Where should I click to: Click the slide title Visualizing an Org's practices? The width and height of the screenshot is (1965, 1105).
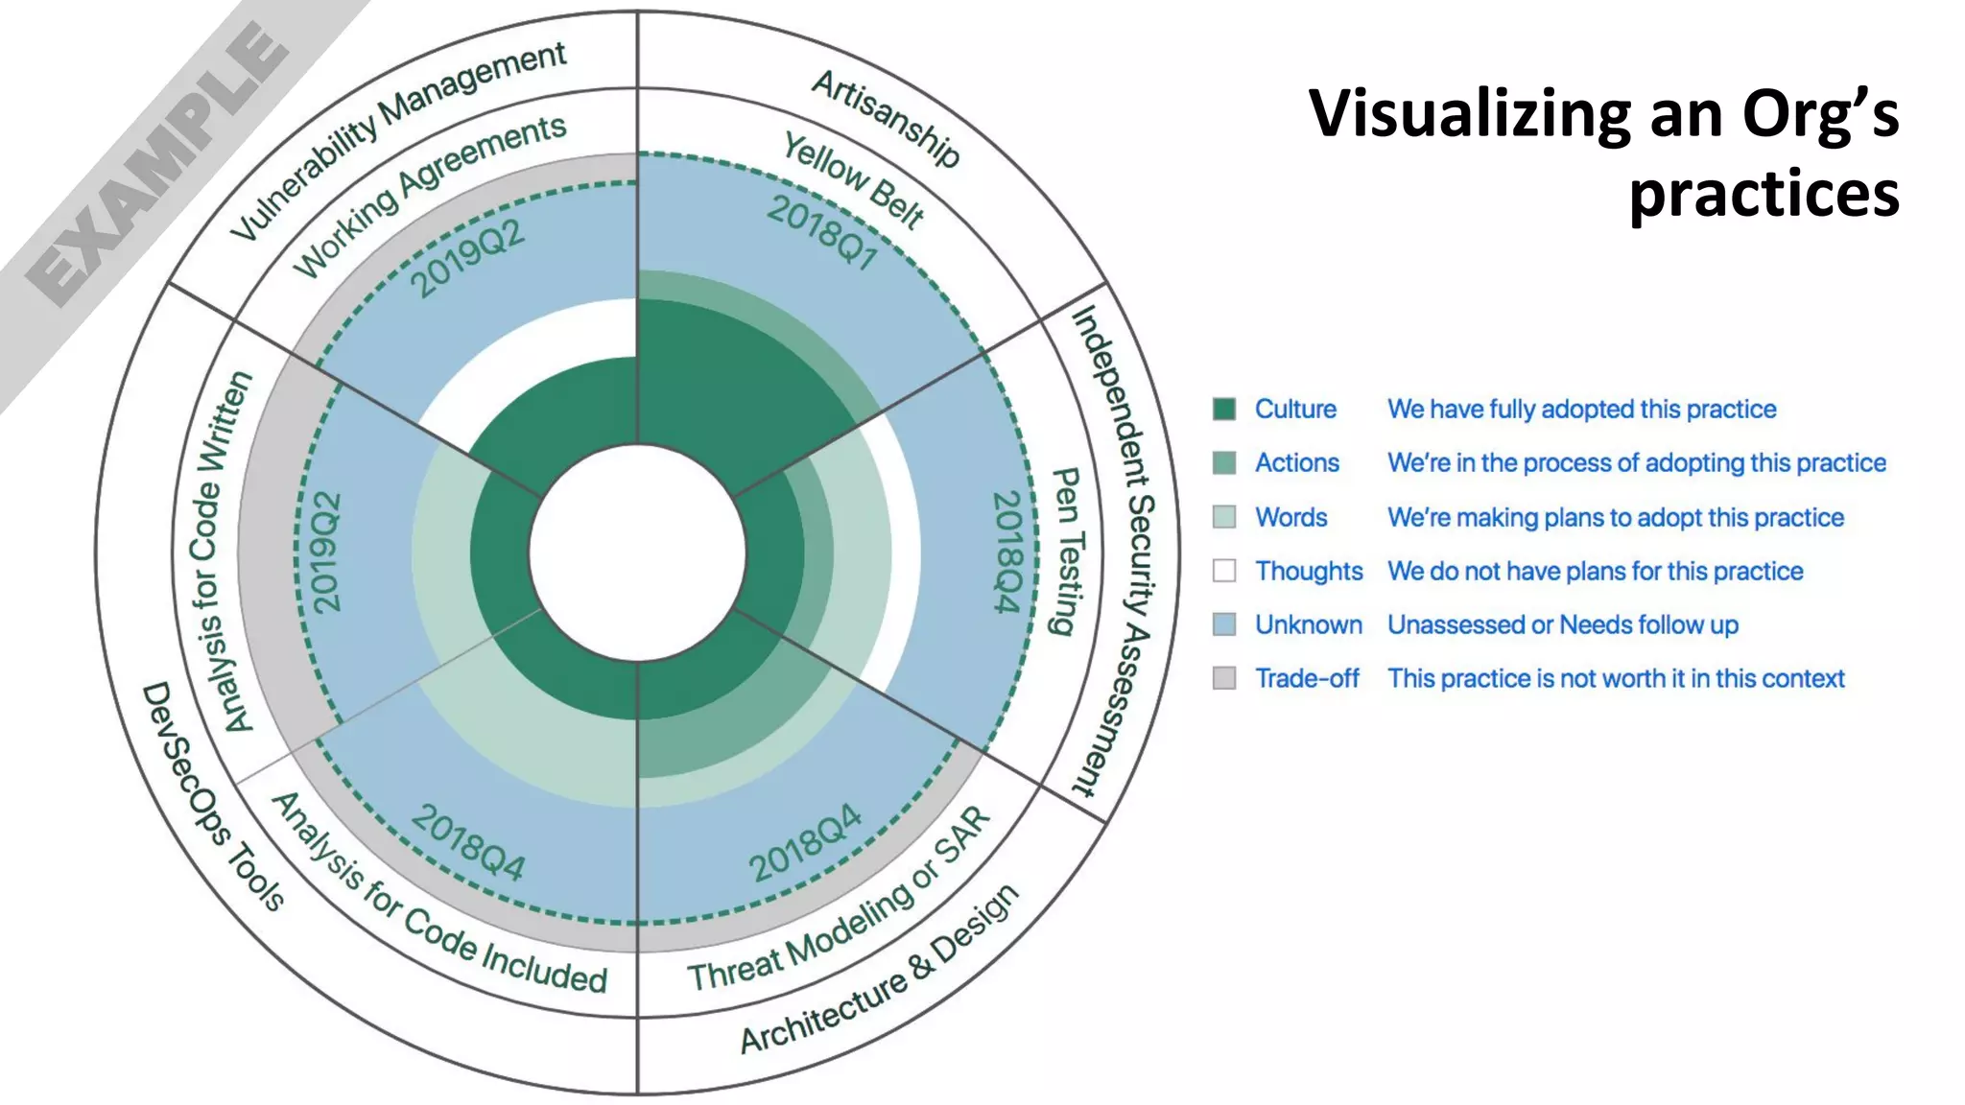(x=1603, y=153)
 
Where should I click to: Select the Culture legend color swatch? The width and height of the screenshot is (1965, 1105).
(x=1223, y=410)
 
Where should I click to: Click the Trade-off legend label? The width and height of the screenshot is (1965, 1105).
(x=1307, y=679)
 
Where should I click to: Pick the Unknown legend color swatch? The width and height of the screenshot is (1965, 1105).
(x=1223, y=625)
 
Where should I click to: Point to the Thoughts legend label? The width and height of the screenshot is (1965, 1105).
(x=1309, y=572)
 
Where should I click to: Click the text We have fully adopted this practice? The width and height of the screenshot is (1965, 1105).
(x=1581, y=410)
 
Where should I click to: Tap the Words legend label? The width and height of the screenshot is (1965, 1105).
(x=1290, y=518)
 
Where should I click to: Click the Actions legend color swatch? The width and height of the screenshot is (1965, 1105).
(x=1223, y=463)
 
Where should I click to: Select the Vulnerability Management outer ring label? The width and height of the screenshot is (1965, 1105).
(x=398, y=139)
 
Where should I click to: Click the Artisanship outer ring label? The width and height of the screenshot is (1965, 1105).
(x=885, y=118)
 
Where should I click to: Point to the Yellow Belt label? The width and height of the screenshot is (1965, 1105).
(x=853, y=180)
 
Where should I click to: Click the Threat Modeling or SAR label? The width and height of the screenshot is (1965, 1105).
(x=839, y=902)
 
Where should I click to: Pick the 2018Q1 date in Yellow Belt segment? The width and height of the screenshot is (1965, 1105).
(x=822, y=233)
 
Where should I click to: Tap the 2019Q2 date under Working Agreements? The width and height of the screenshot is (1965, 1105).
(x=467, y=259)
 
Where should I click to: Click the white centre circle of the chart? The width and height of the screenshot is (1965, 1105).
(x=637, y=552)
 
